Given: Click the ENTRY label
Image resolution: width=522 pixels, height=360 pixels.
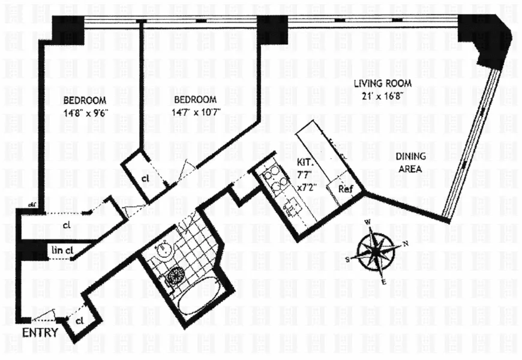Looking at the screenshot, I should click(40, 333).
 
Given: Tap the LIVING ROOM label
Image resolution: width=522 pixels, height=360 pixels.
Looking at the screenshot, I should click(377, 84).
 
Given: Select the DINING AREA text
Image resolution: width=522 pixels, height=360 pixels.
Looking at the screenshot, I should click(410, 163).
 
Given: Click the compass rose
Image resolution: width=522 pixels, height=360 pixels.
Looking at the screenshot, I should click(375, 250).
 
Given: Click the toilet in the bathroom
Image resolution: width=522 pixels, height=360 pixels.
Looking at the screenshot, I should click(175, 276).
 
